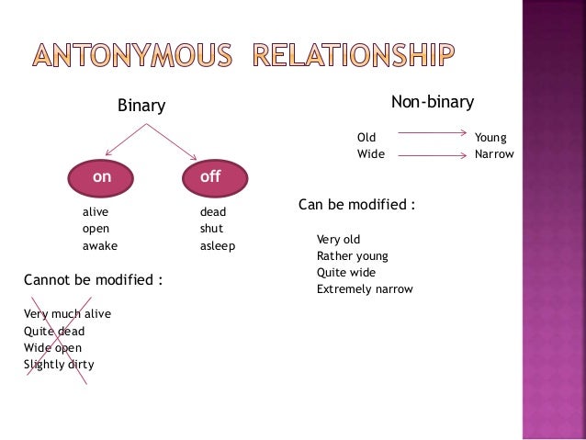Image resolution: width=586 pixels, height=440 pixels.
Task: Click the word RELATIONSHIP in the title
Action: coord(352,54)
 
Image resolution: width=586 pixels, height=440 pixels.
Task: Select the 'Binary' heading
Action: coord(141,107)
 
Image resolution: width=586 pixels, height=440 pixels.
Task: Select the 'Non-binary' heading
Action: coord(432,101)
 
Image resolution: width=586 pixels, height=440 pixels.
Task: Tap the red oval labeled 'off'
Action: coord(210,178)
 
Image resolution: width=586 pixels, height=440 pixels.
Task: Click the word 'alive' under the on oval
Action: coord(96,211)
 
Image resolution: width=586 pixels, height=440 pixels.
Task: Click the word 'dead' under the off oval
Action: coord(213,212)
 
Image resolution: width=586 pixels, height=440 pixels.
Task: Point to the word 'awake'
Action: coord(100,246)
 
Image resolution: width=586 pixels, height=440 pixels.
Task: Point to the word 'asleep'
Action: coord(218,247)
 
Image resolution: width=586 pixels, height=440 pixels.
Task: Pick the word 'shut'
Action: coord(211,229)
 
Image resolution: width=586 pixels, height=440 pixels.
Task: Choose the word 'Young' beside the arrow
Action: coord(490,138)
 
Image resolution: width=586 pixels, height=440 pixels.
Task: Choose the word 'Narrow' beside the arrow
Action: coord(494,154)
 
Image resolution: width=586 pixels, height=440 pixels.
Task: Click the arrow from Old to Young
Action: coord(432,134)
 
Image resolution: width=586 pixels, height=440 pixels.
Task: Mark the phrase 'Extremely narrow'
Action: coord(365,289)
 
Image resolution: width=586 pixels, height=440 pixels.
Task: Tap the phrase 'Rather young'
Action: coord(352,256)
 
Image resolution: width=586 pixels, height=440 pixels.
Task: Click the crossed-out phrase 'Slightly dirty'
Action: coord(59,365)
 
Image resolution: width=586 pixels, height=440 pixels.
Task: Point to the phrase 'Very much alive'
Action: coord(67,314)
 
